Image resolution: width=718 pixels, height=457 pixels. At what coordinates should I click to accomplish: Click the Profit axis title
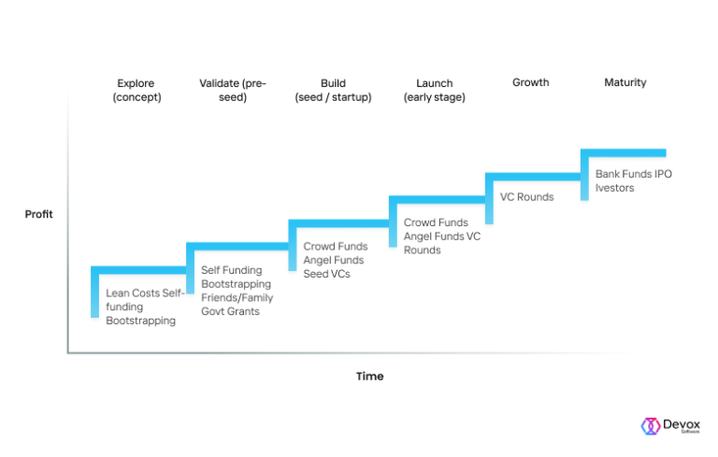point(38,214)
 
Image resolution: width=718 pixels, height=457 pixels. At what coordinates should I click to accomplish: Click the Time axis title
point(369,376)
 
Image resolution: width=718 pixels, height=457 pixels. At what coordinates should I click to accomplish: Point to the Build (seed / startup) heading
point(333,90)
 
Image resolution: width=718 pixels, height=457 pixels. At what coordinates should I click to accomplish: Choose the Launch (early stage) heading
point(434,90)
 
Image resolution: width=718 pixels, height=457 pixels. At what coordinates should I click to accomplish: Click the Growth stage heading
point(530,82)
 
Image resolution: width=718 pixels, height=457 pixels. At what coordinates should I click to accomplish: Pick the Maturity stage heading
point(625,82)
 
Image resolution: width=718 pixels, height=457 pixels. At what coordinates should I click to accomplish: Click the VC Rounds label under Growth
point(526,197)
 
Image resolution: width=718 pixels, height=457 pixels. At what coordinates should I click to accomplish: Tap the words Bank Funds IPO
point(634,174)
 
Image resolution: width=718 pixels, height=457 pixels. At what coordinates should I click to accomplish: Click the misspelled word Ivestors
point(614,188)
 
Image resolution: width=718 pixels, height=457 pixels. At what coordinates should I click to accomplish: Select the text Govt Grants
point(230,311)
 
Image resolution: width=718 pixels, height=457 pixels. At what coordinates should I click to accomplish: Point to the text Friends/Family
point(237,297)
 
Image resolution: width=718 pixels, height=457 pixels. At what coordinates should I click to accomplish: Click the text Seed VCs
point(326,274)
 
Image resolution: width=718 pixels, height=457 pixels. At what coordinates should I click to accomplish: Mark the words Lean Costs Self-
point(145,293)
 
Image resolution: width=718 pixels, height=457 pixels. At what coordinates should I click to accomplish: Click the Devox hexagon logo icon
point(650,425)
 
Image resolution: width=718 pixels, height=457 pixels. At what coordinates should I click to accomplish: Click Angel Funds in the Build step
point(335,260)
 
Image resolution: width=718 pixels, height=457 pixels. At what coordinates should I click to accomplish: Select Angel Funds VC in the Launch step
point(441,236)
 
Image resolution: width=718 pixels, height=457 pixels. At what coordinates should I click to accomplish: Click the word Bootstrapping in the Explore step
point(140,321)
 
